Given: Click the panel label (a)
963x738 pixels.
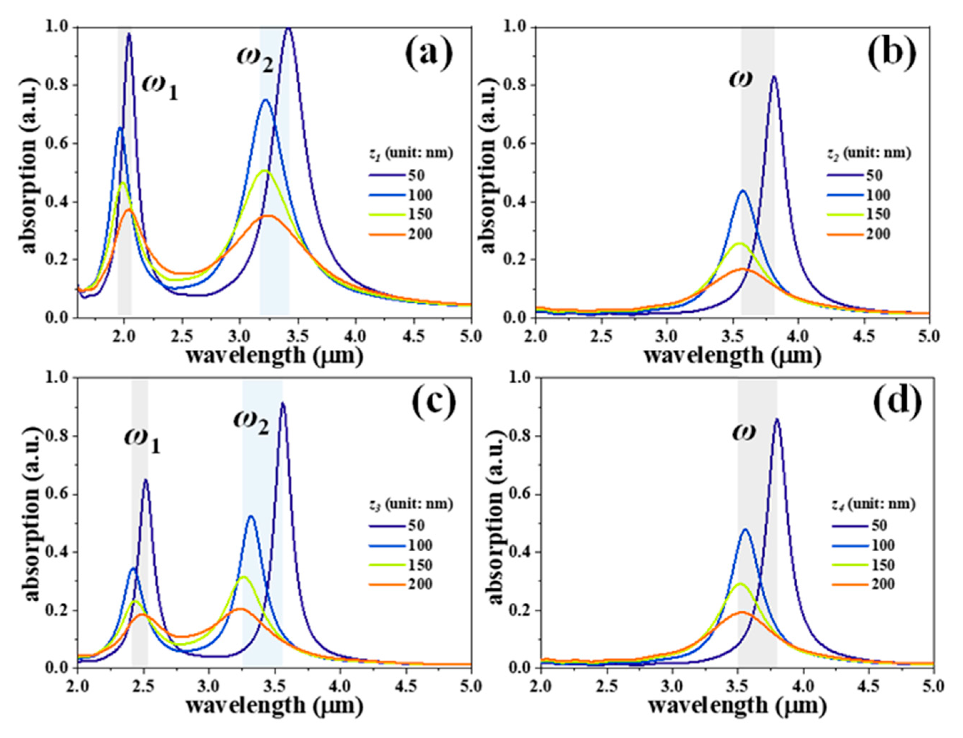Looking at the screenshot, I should [428, 55].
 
